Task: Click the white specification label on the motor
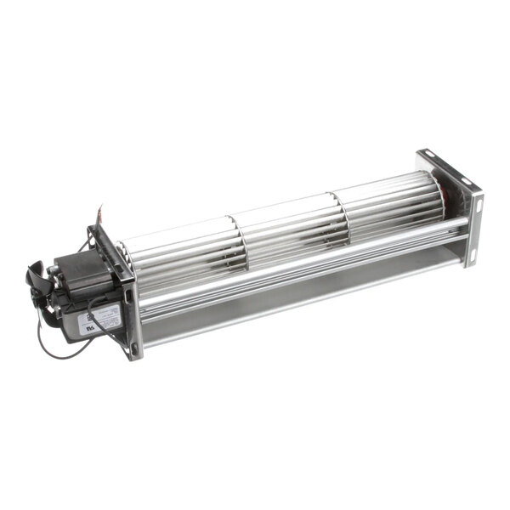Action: [95, 322]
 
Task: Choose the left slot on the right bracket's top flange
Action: [428, 159]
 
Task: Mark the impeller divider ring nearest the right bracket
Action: [340, 212]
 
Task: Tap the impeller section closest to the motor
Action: [183, 251]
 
